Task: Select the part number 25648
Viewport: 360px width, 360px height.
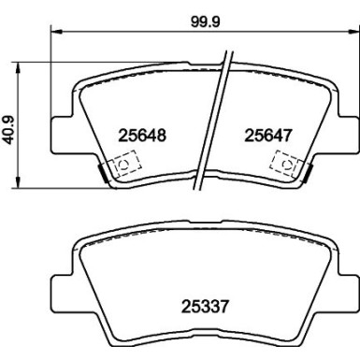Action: pyautogui.click(x=144, y=135)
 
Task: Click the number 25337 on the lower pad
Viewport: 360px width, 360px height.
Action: pyautogui.click(x=204, y=303)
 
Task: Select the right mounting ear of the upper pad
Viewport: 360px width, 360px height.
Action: pyautogui.click(x=344, y=127)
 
